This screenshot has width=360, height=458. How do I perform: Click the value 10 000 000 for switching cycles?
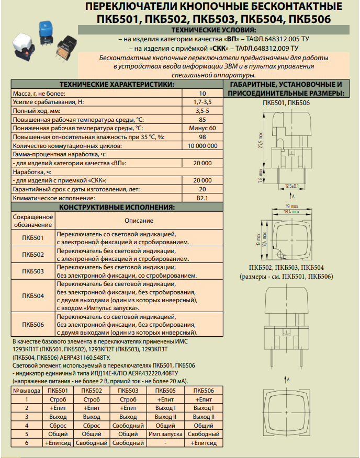pyautogui.click(x=202, y=146)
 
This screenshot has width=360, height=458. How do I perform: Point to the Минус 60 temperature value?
pyautogui.click(x=202, y=128)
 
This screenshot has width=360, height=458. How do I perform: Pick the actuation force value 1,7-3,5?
pyautogui.click(x=202, y=102)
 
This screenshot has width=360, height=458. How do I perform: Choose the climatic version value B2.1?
pyautogui.click(x=202, y=198)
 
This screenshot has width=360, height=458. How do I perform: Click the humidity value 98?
pyautogui.click(x=202, y=137)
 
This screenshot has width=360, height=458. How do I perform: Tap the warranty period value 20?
pyautogui.click(x=202, y=189)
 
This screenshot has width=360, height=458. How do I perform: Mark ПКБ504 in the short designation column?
pyautogui.click(x=33, y=296)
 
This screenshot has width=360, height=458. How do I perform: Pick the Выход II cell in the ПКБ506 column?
pyautogui.click(x=204, y=416)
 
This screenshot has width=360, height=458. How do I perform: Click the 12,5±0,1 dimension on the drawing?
pyautogui.click(x=291, y=186)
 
